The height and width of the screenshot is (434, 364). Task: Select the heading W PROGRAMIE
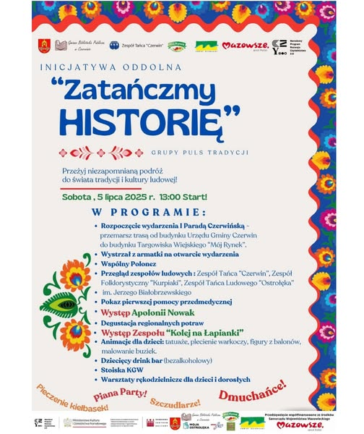click(x=149, y=212)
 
